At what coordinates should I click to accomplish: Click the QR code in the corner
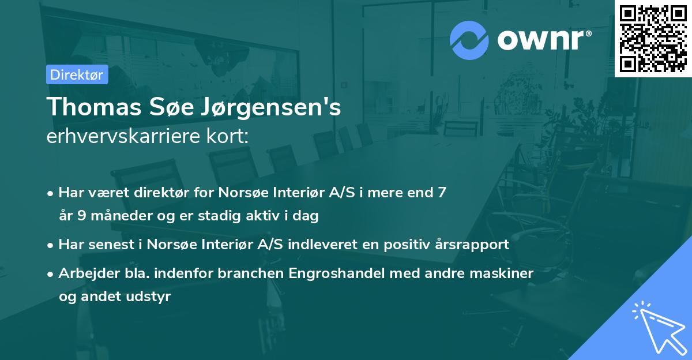point(653,38)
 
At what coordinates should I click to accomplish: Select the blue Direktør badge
point(77,74)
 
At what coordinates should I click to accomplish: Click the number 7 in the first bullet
point(442,193)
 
